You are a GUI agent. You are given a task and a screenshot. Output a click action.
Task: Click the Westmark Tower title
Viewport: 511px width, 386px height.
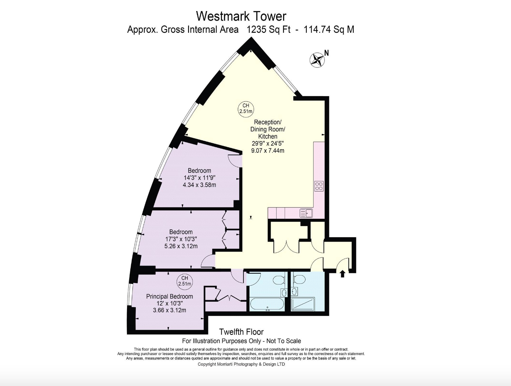click(241, 16)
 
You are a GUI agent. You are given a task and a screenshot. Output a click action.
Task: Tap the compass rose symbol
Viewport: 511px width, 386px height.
click(317, 60)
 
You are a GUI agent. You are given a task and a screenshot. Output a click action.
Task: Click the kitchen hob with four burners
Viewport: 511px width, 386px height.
click(319, 186)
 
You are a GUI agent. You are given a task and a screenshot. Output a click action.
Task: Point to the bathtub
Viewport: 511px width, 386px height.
click(267, 304)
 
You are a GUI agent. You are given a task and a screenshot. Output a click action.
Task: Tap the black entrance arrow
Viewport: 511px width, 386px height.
click(342, 274)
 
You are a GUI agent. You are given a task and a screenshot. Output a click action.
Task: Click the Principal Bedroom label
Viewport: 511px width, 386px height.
click(169, 296)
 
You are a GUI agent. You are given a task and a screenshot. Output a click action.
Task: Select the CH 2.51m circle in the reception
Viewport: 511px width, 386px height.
click(246, 109)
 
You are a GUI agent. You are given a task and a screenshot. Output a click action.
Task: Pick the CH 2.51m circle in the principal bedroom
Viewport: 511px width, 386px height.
click(184, 281)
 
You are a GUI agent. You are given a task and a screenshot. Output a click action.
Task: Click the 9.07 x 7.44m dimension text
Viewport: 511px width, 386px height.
click(268, 151)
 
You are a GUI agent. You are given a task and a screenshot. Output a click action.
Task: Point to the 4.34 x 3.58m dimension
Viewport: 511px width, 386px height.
click(200, 185)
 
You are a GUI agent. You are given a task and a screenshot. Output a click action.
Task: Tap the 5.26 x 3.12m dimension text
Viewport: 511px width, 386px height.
click(181, 246)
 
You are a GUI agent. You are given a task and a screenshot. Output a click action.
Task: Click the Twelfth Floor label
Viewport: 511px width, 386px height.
click(242, 331)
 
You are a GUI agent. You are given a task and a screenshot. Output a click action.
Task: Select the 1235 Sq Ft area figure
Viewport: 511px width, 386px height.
click(269, 29)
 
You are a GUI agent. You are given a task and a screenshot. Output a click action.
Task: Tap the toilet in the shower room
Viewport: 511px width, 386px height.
click(299, 279)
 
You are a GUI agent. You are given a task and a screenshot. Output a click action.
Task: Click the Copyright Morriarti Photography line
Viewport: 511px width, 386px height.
click(241, 364)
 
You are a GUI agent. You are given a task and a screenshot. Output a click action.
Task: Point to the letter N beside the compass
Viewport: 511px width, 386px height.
click(327, 53)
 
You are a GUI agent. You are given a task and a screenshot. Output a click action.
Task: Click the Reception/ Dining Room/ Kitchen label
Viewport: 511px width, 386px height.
click(268, 129)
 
